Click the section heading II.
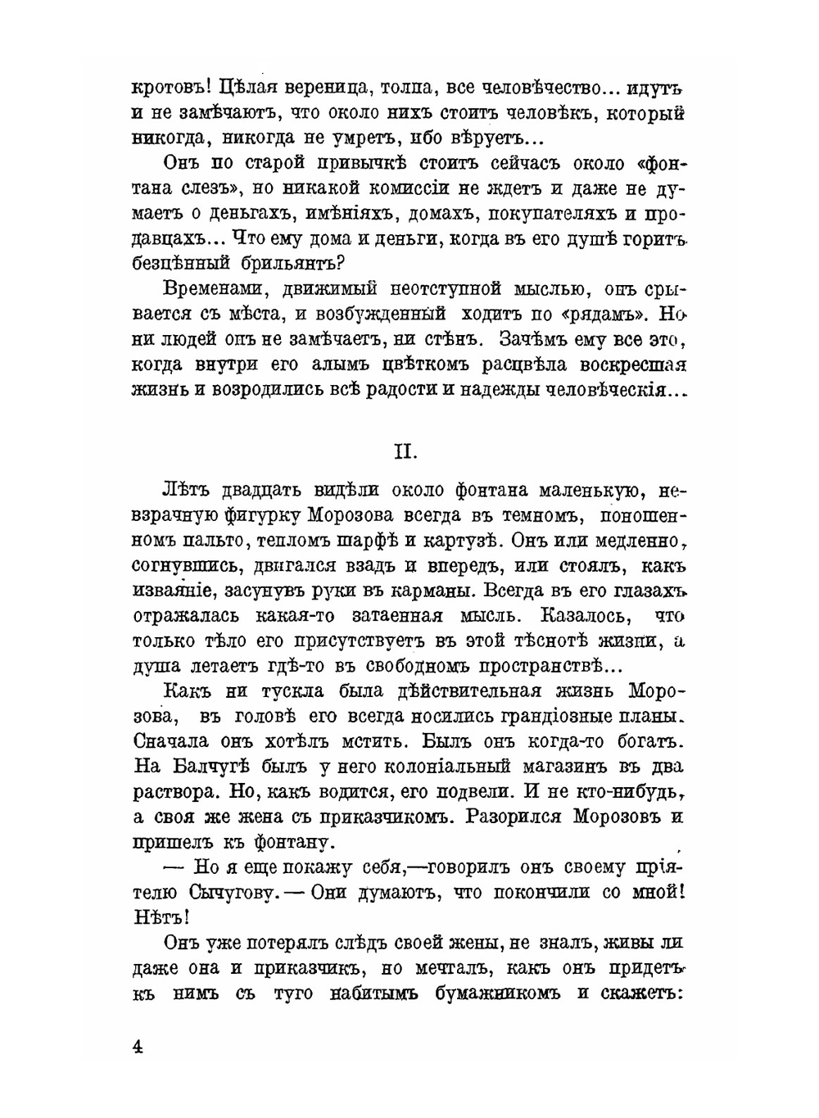[406, 451]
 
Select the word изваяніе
[173, 591]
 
